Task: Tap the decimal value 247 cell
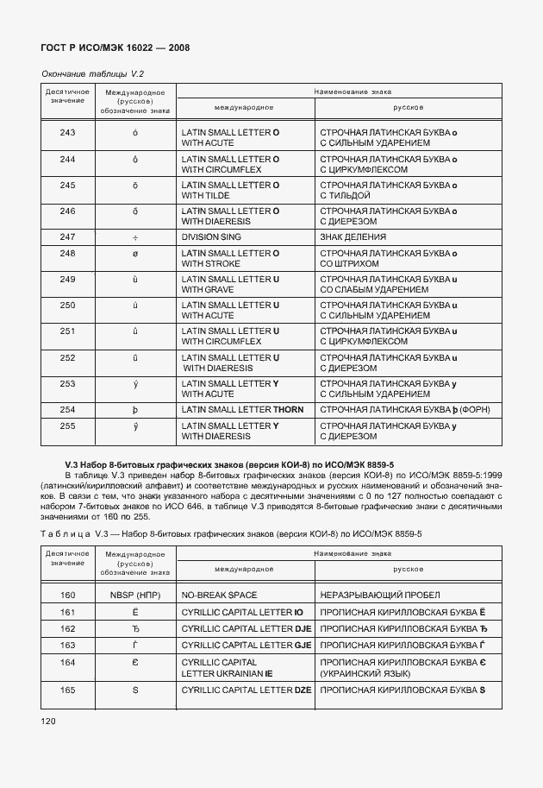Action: click(67, 236)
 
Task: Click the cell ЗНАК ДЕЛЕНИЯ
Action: click(353, 236)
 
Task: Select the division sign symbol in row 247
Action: click(135, 236)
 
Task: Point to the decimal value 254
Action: click(67, 409)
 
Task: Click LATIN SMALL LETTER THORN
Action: click(242, 409)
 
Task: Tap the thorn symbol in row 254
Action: click(135, 410)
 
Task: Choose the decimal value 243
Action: click(67, 133)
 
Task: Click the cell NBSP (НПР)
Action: click(135, 595)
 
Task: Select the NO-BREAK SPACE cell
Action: click(219, 595)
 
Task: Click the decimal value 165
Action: click(67, 690)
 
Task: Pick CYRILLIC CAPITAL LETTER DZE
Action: click(246, 690)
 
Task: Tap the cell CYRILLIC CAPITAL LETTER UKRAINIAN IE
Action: click(227, 667)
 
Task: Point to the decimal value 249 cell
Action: click(67, 280)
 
